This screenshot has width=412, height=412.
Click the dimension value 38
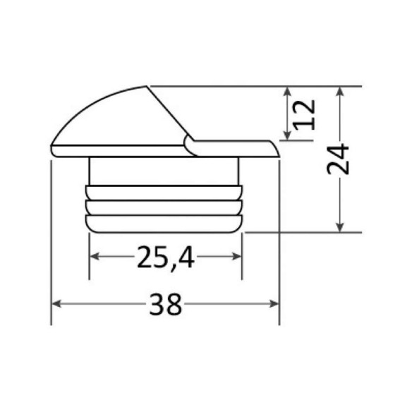click(x=166, y=304)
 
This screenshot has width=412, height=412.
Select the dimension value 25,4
click(x=166, y=257)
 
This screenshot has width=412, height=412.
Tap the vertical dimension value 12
click(x=304, y=115)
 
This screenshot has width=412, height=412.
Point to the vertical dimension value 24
click(x=338, y=159)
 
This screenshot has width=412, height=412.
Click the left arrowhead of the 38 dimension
click(x=56, y=304)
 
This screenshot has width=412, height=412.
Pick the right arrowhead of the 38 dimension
click(x=274, y=304)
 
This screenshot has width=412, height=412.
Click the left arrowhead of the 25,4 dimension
click(x=95, y=256)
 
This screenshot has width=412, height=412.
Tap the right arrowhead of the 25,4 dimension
click(x=236, y=256)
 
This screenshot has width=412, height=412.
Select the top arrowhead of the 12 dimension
click(x=287, y=91)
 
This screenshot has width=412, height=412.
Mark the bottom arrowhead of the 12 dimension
click(x=287, y=135)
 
